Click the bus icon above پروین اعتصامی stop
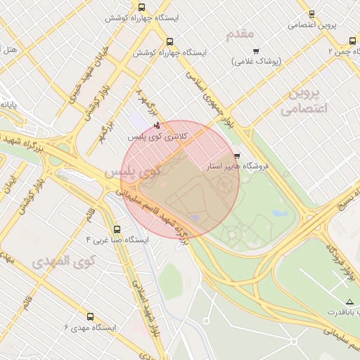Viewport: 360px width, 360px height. pyautogui.click(x=311, y=13)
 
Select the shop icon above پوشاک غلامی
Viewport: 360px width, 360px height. pyautogui.click(x=255, y=51)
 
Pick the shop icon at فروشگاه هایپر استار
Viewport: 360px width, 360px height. pyautogui.click(x=236, y=156)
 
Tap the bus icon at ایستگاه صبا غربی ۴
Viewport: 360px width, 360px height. pyautogui.click(x=116, y=229)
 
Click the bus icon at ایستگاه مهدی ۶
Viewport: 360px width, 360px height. pyautogui.click(x=89, y=316)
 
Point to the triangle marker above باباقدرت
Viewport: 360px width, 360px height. pyautogui.click(x=330, y=301)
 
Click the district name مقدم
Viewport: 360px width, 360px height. pyautogui.click(x=240, y=33)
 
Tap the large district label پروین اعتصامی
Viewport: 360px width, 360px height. pyautogui.click(x=304, y=101)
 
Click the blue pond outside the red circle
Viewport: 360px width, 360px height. pyautogui.click(x=280, y=212)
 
